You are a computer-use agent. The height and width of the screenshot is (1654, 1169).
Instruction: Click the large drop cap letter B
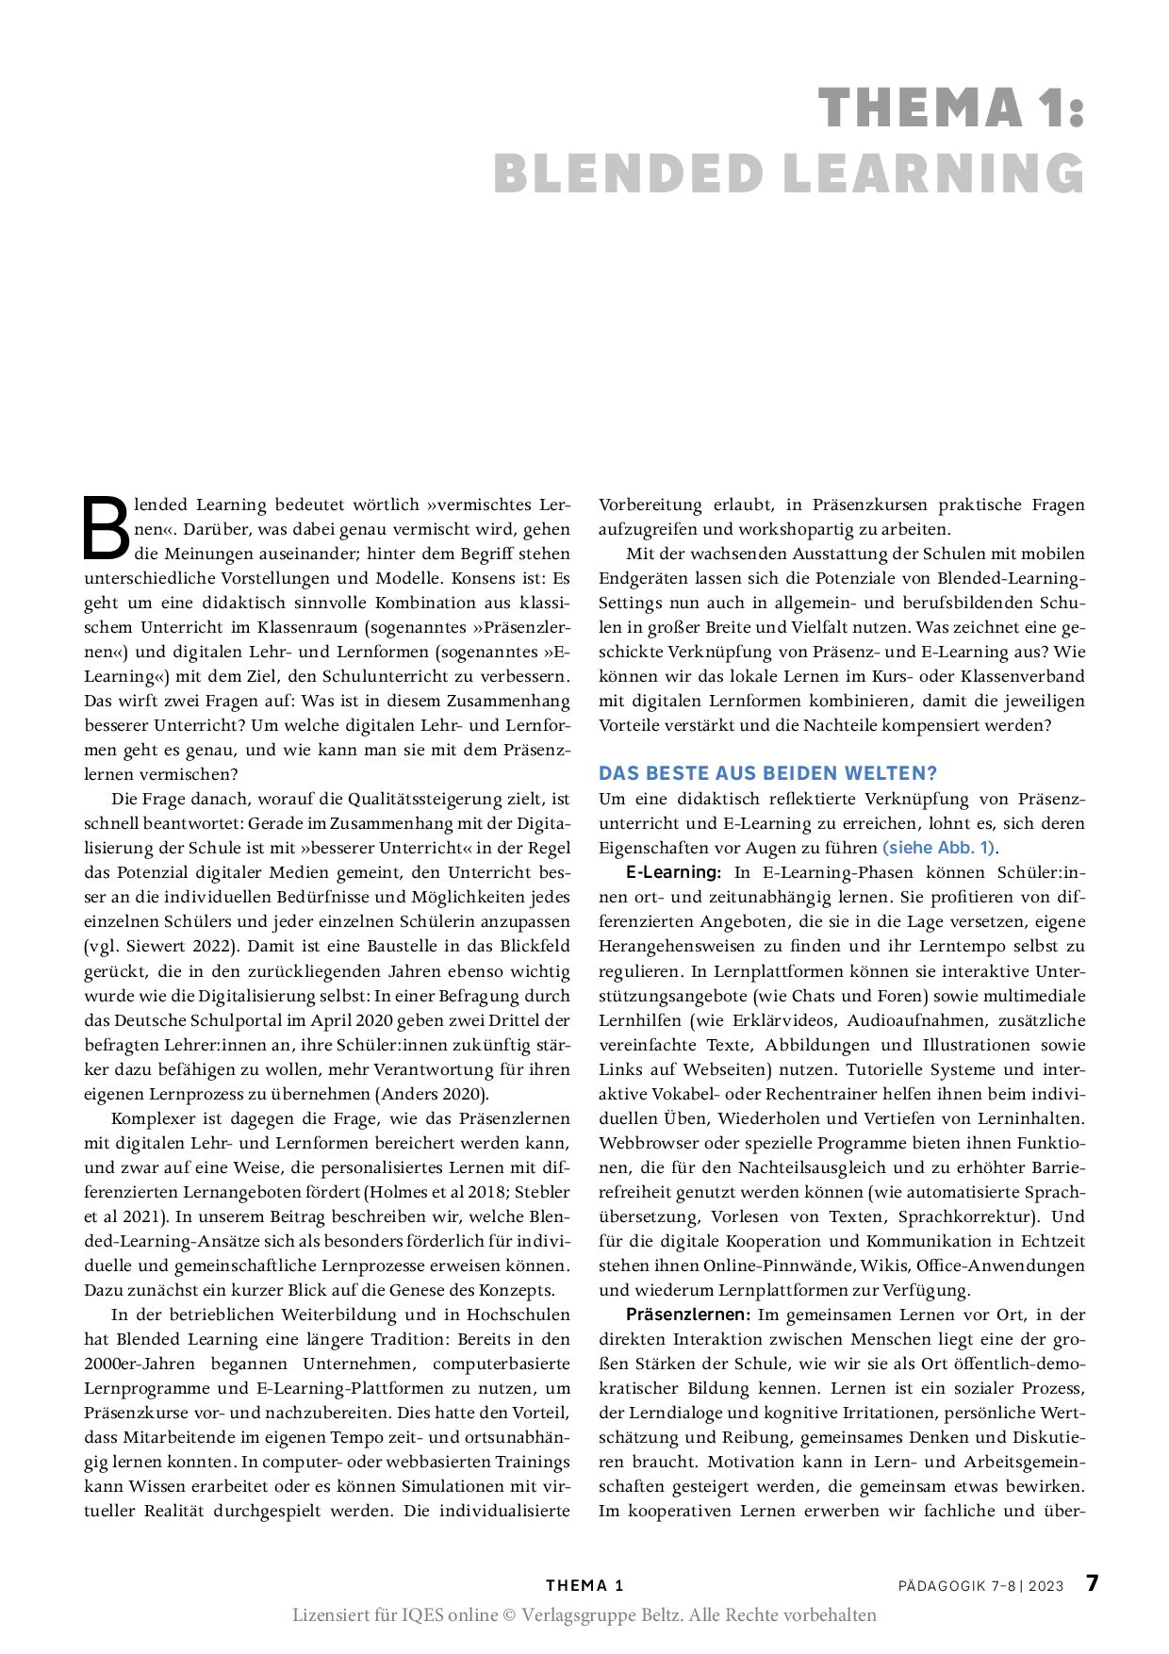(x=107, y=527)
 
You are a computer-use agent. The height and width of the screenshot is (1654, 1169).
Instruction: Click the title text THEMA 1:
(x=951, y=108)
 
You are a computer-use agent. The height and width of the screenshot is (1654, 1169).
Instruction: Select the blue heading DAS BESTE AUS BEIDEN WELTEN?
(x=767, y=773)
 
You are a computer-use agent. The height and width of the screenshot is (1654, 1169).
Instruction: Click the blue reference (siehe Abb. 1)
(x=938, y=847)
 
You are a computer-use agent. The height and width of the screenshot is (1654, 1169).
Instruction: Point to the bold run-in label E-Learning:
(x=673, y=872)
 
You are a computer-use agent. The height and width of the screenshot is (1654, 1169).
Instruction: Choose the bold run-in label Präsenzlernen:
(x=688, y=1315)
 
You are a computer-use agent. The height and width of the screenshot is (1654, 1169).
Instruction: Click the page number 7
(x=1093, y=1583)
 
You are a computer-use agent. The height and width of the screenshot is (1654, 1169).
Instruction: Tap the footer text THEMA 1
(x=584, y=1585)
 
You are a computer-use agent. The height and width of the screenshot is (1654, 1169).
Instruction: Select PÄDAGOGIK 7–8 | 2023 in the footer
(x=980, y=1586)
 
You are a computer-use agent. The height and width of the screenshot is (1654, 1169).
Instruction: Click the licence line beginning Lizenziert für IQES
(x=584, y=1615)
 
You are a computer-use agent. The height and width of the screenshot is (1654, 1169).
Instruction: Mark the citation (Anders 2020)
(x=433, y=1094)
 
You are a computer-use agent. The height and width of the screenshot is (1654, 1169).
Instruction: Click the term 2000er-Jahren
(x=140, y=1364)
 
